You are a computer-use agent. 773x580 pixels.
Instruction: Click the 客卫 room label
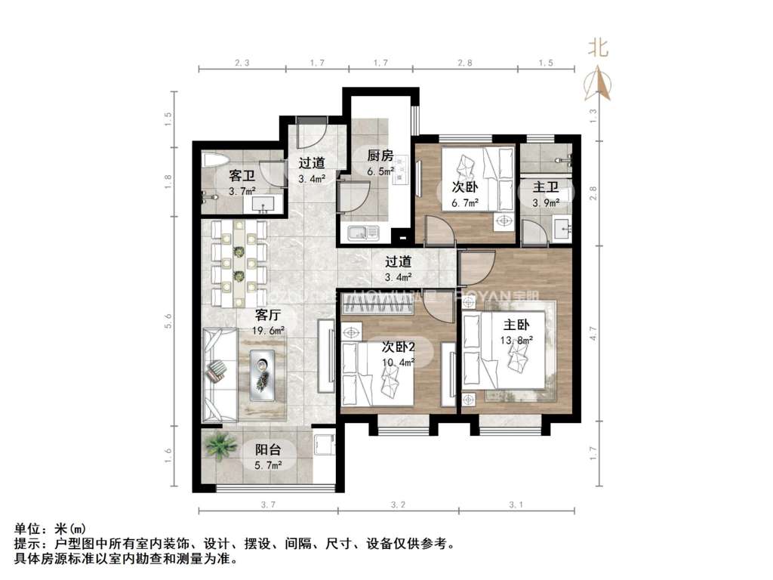pos(241,176)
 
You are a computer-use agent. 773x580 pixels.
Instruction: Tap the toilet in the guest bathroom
pos(215,160)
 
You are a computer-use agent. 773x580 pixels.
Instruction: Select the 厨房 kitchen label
pos(380,156)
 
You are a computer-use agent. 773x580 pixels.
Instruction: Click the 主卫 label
pos(546,187)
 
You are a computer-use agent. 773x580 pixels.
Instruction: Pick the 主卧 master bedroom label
pos(516,325)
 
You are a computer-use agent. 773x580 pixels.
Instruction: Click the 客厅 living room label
pos(269,314)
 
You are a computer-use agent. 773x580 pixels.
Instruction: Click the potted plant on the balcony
pos(220,446)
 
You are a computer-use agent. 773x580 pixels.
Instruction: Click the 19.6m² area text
pos(269,330)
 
